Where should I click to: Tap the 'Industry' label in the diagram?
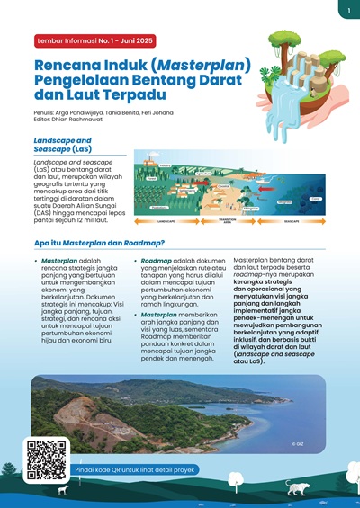165,165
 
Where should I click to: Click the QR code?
47,459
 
